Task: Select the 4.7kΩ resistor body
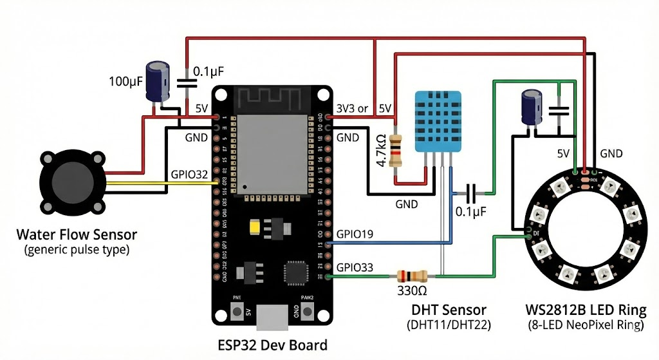click(398, 149)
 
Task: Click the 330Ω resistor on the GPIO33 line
click(412, 277)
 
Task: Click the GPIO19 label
click(355, 234)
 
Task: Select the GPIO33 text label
click(355, 267)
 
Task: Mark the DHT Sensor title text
click(449, 310)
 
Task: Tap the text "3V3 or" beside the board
click(352, 108)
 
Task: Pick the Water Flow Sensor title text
click(77, 234)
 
